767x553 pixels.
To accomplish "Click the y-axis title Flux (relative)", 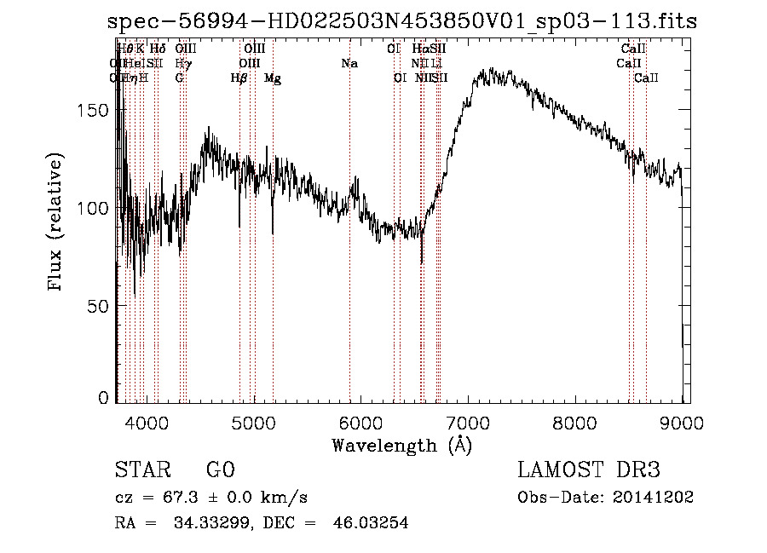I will [x=57, y=223].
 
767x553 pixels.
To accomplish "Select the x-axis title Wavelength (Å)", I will [x=401, y=445].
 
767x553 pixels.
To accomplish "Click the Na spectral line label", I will [x=349, y=64].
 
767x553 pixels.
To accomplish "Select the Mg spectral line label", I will [x=273, y=78].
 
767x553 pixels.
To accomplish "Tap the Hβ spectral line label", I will [x=239, y=78].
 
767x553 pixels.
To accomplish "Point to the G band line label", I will [x=179, y=78].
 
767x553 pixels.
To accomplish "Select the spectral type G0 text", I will [x=220, y=470].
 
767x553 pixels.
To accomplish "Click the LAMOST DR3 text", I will [x=589, y=470].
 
